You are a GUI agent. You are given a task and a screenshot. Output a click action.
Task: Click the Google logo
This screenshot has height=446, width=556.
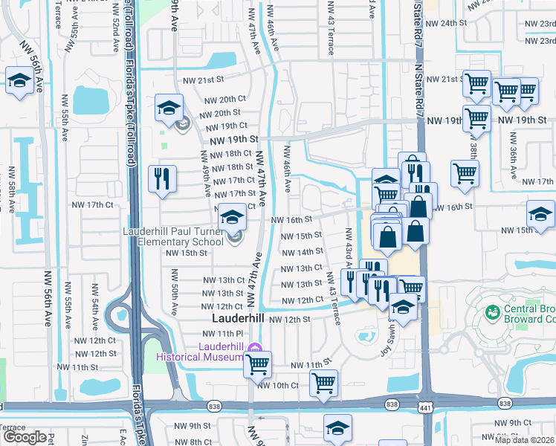tap(24, 437)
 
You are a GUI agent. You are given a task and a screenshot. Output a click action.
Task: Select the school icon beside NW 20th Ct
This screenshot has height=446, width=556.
tap(169, 107)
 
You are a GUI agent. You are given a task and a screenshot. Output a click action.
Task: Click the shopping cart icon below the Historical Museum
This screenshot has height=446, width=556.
tap(258, 364)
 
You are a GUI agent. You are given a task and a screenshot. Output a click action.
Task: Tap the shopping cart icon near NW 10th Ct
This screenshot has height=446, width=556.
tap(323, 383)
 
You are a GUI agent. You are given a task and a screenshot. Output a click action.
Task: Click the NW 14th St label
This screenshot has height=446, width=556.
tap(302, 252)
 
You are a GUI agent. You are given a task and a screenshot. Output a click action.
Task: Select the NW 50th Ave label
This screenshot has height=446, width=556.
tap(175, 297)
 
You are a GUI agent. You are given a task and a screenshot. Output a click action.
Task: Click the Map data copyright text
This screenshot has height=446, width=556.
tap(525, 440)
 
